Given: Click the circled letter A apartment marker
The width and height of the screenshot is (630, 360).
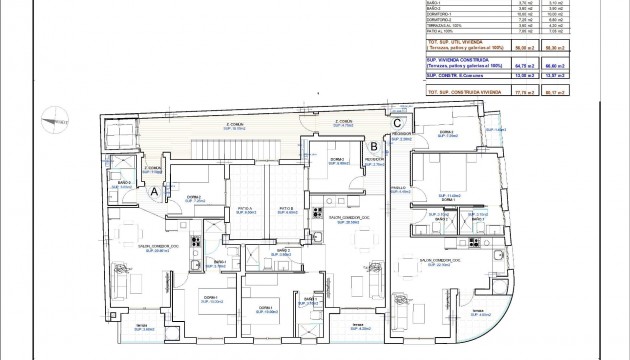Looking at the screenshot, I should click(x=155, y=190).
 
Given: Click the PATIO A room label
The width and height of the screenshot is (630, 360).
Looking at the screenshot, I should click(x=245, y=210).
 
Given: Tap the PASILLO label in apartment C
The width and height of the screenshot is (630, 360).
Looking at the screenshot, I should click(x=398, y=188).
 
